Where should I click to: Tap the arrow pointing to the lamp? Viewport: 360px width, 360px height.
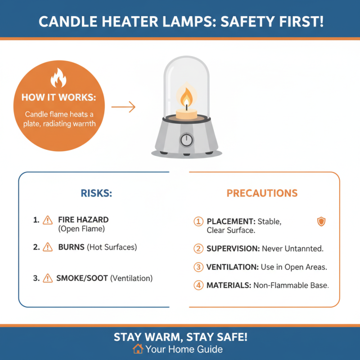(x=123, y=107)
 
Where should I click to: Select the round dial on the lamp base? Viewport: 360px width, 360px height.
(x=186, y=140)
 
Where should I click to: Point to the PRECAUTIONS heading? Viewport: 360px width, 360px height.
(x=262, y=193)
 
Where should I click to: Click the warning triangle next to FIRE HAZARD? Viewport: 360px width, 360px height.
(x=47, y=220)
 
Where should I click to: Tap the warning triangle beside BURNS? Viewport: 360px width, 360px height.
(x=47, y=247)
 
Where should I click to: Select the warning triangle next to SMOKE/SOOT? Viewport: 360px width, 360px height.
(x=47, y=279)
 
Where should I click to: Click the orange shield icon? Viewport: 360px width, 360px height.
(x=321, y=221)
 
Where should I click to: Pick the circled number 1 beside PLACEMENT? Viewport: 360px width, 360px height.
(x=198, y=221)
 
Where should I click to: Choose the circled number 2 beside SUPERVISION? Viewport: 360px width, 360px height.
(x=198, y=248)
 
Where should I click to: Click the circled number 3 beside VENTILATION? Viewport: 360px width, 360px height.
(x=198, y=267)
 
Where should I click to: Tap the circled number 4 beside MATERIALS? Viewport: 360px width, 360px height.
(x=198, y=285)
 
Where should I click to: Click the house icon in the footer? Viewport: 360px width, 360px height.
(x=138, y=349)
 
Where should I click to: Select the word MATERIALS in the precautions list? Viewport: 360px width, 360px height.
(x=229, y=285)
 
